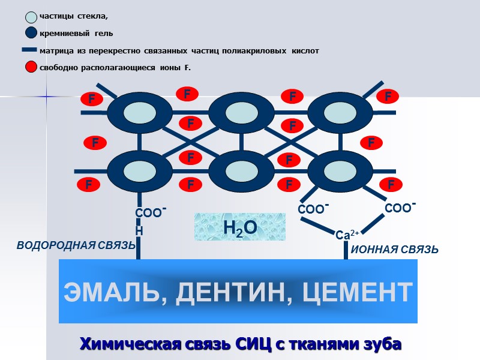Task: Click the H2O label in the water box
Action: point(239,227)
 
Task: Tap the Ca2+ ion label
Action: point(347,235)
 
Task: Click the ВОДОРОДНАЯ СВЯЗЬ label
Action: point(76,246)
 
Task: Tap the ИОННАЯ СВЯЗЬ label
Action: point(394,249)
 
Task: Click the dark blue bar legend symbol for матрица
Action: point(29,50)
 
